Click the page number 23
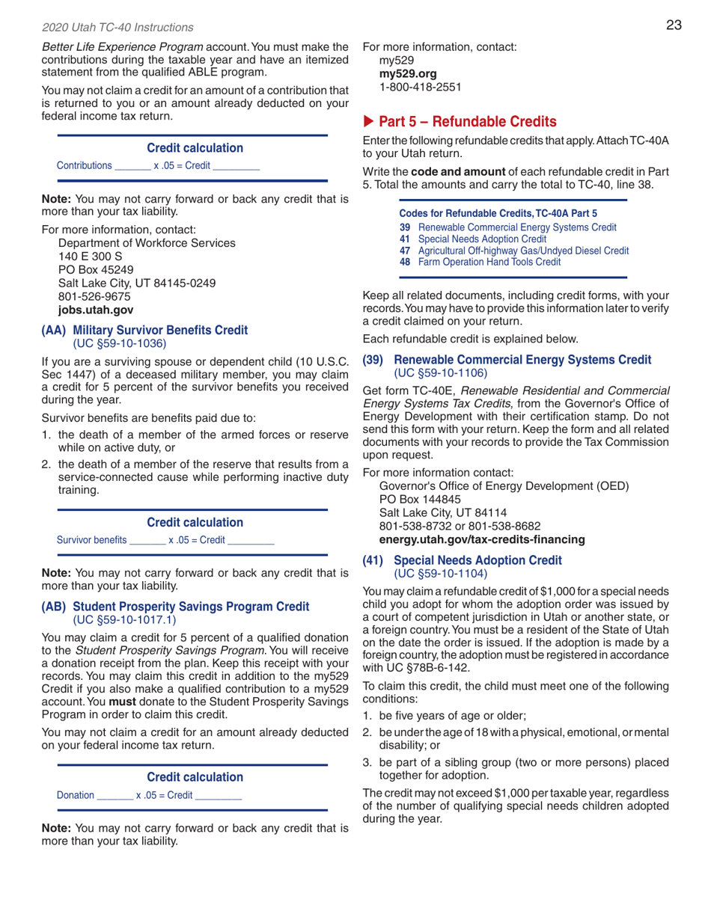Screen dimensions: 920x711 point(674,26)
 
